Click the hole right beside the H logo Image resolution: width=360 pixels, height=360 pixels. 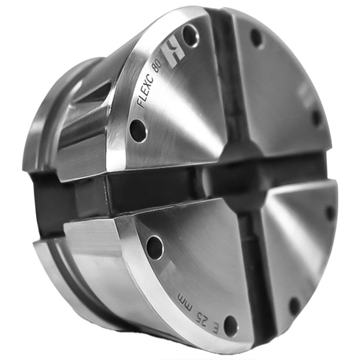(x=190, y=35)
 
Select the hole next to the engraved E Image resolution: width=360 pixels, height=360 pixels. (x=230, y=326)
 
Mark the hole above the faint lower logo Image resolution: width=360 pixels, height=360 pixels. (x=155, y=247)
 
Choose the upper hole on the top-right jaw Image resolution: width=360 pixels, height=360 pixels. (x=257, y=37)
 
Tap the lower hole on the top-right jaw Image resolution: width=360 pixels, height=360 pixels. (x=316, y=117)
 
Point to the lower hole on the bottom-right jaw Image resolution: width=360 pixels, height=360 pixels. (x=295, y=306)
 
